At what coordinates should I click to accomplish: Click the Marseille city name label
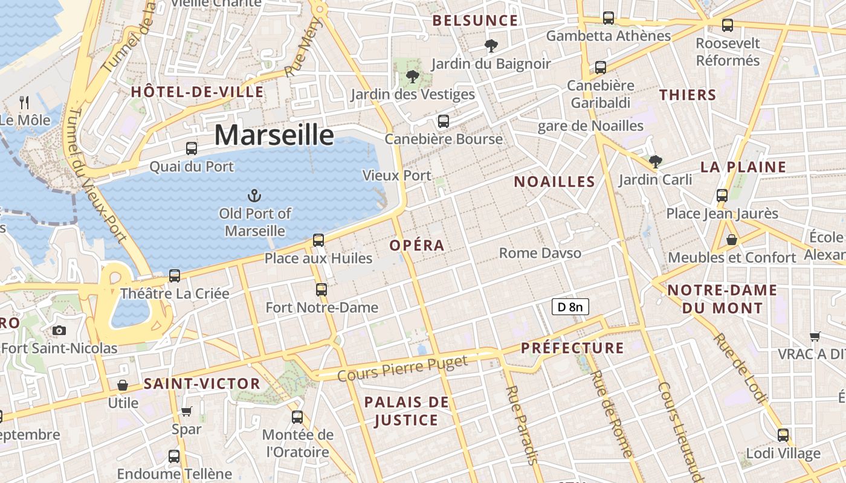[274, 135]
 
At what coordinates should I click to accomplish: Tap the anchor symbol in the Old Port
[254, 195]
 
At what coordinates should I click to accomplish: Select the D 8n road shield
[570, 307]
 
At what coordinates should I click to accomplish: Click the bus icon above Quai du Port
[192, 148]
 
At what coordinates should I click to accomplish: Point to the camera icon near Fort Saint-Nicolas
[59, 330]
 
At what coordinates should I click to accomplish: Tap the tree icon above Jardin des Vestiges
[413, 77]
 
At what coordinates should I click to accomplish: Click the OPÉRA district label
[417, 245]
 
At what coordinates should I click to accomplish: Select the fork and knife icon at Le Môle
[24, 102]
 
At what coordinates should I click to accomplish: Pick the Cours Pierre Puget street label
[402, 368]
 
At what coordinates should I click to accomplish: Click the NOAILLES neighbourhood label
[554, 182]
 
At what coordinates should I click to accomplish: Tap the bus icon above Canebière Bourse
[444, 121]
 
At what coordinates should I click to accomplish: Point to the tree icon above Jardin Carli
[655, 161]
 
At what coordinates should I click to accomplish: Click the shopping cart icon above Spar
[186, 412]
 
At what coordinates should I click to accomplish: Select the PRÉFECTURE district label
[572, 348]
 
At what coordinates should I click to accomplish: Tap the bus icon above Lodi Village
[783, 435]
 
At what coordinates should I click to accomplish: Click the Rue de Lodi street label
[741, 368]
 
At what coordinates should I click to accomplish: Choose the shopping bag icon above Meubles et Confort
[731, 240]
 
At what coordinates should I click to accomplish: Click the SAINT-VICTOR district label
[202, 383]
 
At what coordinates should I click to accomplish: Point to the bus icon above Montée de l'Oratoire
[297, 417]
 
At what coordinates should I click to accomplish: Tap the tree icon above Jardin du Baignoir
[491, 45]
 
